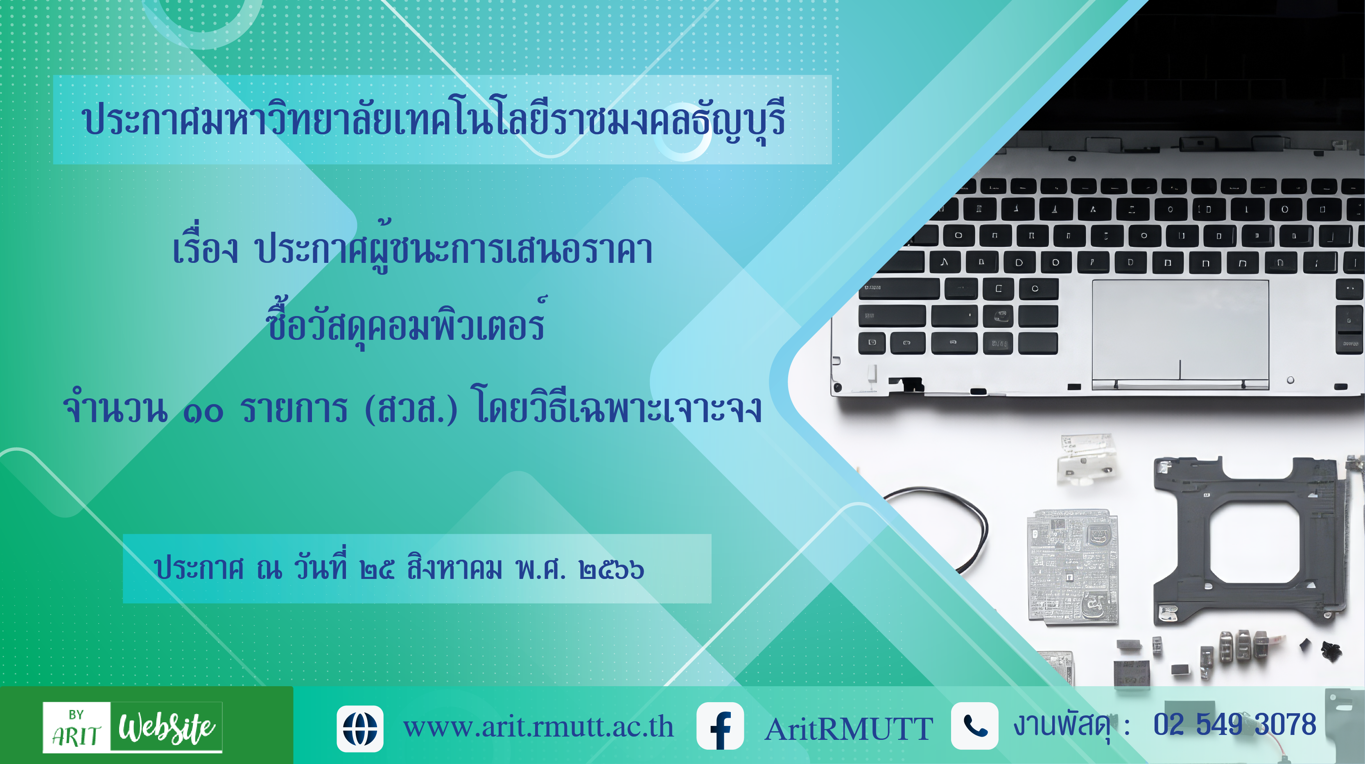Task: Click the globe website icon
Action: [360, 728]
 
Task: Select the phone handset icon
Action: [974, 726]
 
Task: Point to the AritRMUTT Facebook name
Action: [849, 729]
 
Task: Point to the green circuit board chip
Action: [1073, 566]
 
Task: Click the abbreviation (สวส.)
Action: [411, 409]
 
